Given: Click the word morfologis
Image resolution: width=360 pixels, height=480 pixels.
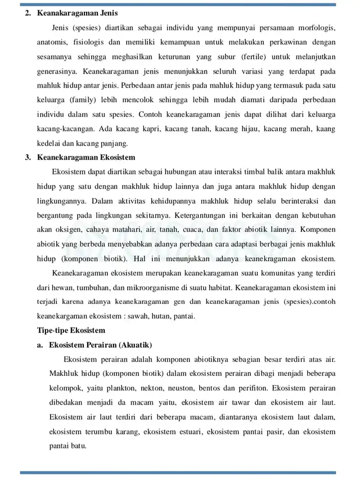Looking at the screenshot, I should click(314, 28).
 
